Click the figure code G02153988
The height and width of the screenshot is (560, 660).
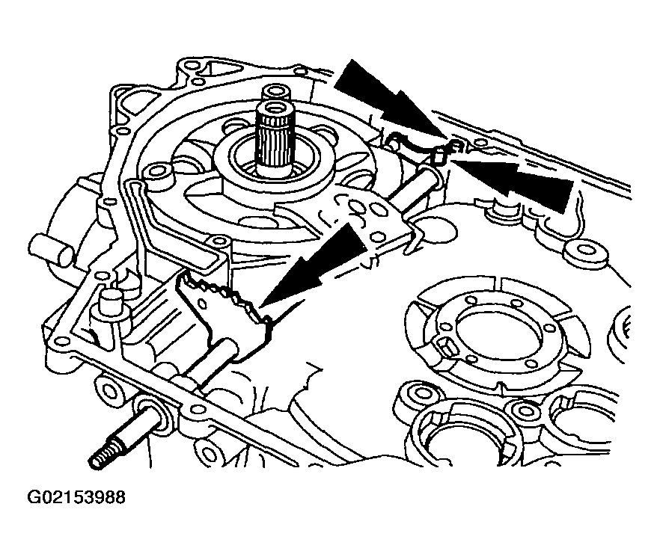point(76,497)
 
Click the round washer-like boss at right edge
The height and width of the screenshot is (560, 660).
point(586,253)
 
